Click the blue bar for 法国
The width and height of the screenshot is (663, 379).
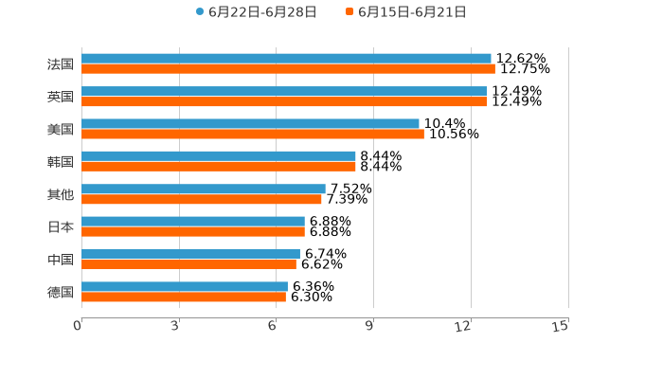click(286, 59)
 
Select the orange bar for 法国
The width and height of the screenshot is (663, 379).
click(288, 69)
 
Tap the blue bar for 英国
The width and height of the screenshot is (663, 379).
click(284, 91)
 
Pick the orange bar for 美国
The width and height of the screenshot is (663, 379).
click(253, 135)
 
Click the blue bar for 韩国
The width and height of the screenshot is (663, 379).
click(219, 156)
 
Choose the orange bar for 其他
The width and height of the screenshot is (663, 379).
click(202, 200)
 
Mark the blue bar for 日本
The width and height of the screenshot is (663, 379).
click(193, 222)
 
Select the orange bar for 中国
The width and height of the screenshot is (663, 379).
click(188, 264)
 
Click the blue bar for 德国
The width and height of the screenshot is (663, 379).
click(185, 286)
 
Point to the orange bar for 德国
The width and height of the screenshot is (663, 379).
click(184, 298)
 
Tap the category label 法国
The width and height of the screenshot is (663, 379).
click(61, 64)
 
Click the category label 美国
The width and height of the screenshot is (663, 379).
click(61, 129)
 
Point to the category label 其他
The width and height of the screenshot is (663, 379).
click(61, 194)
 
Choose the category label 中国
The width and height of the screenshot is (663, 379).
click(61, 260)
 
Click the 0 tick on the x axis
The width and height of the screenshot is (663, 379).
click(79, 326)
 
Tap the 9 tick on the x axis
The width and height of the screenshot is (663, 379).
click(370, 326)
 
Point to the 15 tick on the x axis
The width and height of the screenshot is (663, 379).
click(561, 326)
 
